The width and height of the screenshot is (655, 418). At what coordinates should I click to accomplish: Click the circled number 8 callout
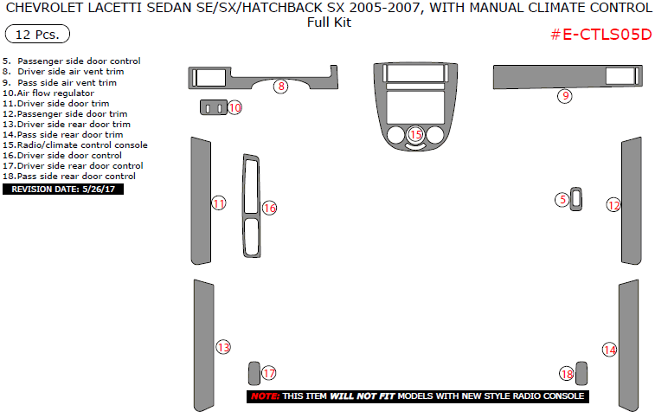coord(280,87)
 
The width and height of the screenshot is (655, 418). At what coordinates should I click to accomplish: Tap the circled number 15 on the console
coord(415,134)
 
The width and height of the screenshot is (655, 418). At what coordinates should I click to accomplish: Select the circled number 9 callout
coord(564,96)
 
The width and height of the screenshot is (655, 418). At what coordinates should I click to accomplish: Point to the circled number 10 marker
coord(234,107)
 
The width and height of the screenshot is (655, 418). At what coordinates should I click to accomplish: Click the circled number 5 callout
coord(562,200)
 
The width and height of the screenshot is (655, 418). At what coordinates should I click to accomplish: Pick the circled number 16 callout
coord(269,208)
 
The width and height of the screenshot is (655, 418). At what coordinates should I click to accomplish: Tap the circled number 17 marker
coord(269,373)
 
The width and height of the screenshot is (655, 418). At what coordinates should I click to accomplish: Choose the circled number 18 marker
coord(567,374)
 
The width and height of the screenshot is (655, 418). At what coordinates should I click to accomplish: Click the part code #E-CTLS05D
coord(600,35)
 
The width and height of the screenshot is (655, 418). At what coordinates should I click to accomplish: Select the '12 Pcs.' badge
coord(37,35)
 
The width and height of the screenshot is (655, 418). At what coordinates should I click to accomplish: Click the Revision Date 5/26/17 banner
coord(63,189)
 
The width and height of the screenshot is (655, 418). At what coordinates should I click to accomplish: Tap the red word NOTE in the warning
coord(264,396)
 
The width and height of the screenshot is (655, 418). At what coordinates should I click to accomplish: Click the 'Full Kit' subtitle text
coord(329,23)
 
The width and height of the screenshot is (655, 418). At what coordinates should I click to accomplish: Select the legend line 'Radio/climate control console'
coord(75,145)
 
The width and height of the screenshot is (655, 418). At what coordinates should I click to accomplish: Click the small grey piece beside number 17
coord(254,372)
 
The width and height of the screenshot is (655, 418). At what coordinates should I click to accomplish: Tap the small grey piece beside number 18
coord(581,373)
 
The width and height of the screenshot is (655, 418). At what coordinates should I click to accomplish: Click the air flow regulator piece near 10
coord(214,107)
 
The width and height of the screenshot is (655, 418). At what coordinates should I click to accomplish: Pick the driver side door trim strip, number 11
coord(201,201)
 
